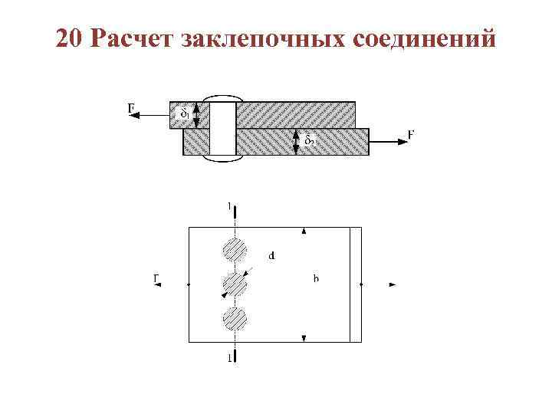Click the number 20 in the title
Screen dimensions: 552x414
tap(69, 39)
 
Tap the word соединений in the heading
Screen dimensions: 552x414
tap(426, 39)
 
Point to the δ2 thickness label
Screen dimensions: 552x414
tap(309, 140)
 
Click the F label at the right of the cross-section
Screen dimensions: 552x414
tap(411, 135)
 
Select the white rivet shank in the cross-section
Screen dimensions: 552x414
tap(222, 128)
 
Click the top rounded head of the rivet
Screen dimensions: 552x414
tap(222, 99)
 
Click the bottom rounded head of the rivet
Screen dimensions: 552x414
tap(222, 159)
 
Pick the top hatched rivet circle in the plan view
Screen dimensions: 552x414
tap(234, 250)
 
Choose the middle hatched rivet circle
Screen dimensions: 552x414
tap(234, 284)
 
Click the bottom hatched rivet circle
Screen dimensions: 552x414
tap(234, 318)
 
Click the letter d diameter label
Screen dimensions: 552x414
tap(272, 256)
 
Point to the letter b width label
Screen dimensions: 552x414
tap(316, 278)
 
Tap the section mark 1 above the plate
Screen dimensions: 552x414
tap(229, 205)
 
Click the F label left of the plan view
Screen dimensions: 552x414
tap(156, 278)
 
